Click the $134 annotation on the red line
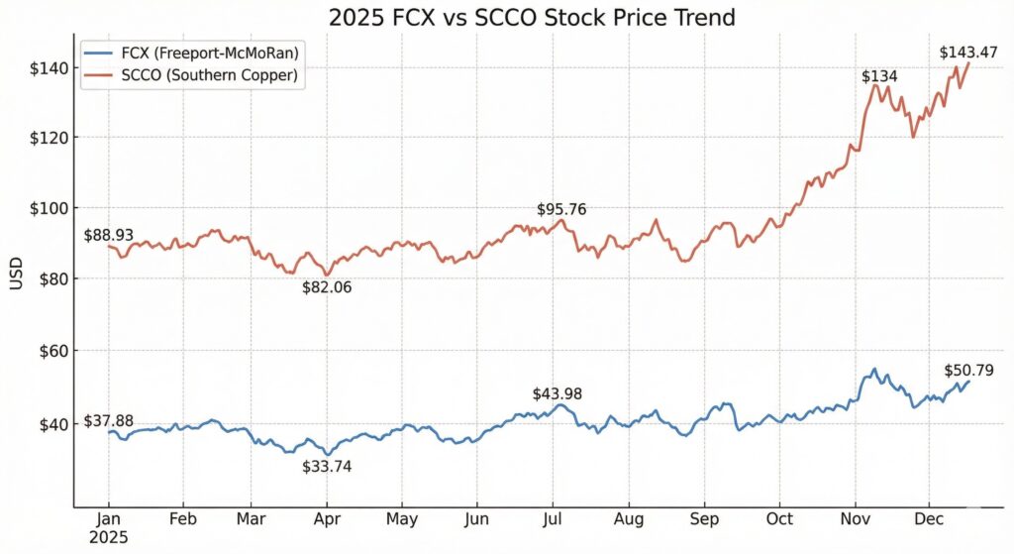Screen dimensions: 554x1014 point(880,76)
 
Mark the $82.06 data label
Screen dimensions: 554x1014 point(328,287)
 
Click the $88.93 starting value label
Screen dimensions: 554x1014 point(111,236)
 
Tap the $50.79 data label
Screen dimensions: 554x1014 point(969,371)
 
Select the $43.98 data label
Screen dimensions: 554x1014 point(558,393)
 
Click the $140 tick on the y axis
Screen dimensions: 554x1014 point(49,67)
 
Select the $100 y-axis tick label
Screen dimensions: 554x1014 point(49,208)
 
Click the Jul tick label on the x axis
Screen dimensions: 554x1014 point(553,519)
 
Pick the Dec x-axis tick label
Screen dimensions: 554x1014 point(929,519)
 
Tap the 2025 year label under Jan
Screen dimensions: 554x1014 point(109,538)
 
